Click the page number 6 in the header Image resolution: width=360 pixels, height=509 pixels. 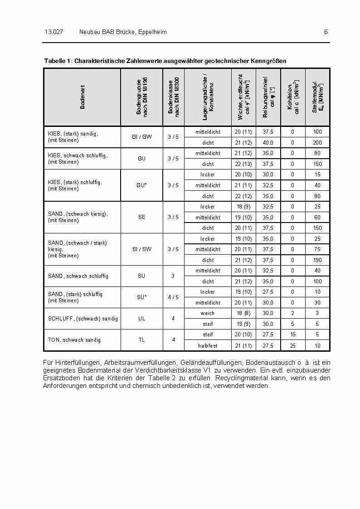point(326,32)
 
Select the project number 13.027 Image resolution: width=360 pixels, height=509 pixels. point(54,32)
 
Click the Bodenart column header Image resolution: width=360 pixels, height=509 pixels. point(83,97)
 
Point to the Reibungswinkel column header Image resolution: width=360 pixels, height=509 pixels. point(268,97)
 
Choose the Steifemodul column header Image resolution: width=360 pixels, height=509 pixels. point(317,97)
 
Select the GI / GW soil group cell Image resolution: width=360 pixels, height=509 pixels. point(142,137)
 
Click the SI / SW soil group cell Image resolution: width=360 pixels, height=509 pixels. point(142,249)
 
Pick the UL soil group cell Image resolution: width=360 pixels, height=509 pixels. point(142,319)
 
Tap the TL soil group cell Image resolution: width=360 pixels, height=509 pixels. point(142,340)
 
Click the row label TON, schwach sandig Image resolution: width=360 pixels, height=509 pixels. point(74,340)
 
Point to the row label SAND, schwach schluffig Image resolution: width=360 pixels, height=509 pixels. point(78,276)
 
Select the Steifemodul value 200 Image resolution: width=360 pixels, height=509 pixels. point(317,142)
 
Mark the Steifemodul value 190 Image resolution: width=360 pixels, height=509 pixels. point(317,260)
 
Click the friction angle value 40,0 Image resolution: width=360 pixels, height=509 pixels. point(268,142)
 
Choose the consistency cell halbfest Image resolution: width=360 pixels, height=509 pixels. point(208,346)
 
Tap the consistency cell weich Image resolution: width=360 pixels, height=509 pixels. point(208,313)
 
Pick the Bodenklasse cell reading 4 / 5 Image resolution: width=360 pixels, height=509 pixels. point(173,297)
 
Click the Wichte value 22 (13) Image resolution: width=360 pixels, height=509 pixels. point(243,164)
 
